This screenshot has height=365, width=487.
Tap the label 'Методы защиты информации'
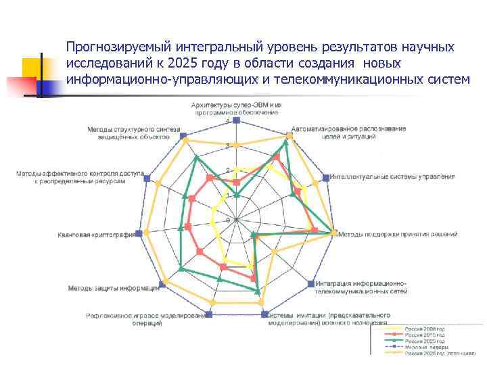pyautogui.click(x=113, y=289)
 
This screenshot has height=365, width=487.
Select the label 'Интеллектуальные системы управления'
pyautogui.click(x=392, y=177)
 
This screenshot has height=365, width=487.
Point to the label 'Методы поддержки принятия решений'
pyautogui.click(x=398, y=235)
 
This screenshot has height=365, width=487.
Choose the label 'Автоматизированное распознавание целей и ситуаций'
pyautogui.click(x=349, y=132)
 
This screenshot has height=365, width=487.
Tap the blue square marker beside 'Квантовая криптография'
pyautogui.click(x=139, y=233)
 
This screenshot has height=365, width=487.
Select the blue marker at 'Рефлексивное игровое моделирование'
pyautogui.click(x=208, y=314)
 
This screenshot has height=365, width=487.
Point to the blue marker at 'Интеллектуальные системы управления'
pyautogui.click(x=326, y=178)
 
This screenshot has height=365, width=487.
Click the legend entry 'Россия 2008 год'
pyautogui.click(x=425, y=329)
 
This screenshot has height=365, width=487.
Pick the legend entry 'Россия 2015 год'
pyautogui.click(x=425, y=335)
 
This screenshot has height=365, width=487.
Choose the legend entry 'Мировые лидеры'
pyautogui.click(x=425, y=347)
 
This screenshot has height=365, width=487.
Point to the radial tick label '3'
pyautogui.click(x=228, y=145)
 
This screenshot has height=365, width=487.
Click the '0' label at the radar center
pyautogui.click(x=228, y=220)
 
